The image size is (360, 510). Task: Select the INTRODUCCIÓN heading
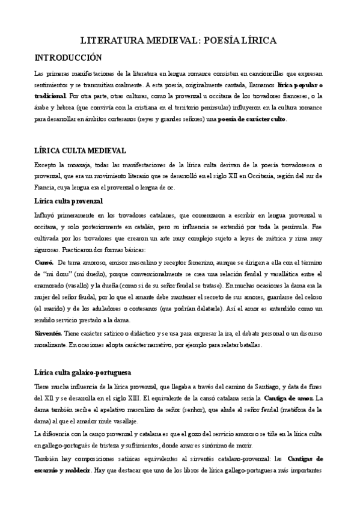(x=69, y=58)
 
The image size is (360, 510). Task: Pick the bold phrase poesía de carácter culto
(x=252, y=119)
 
